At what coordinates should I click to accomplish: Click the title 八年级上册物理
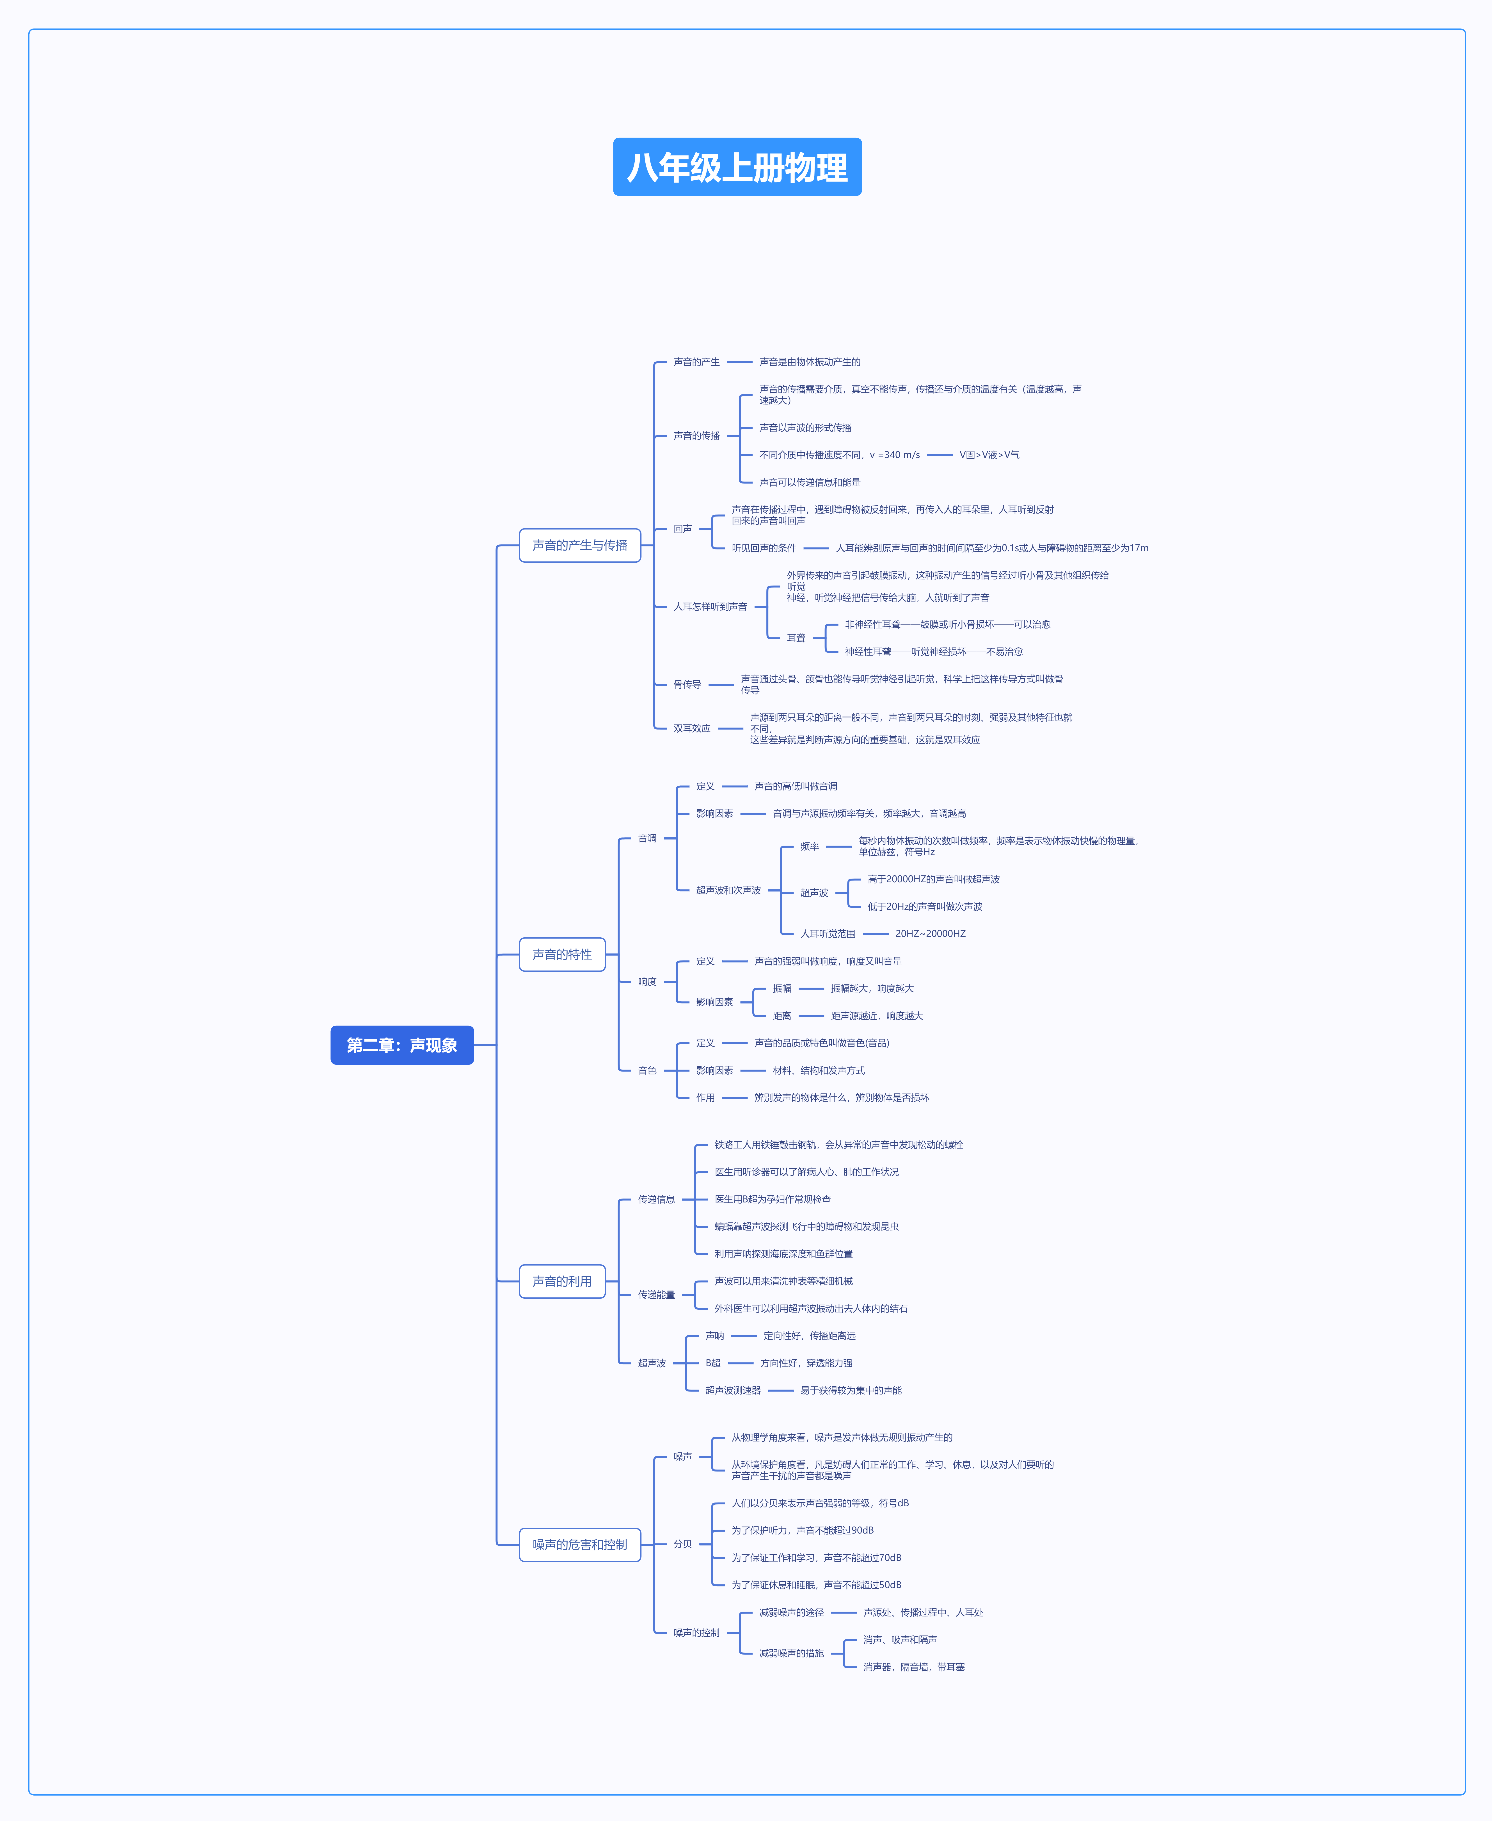pyautogui.click(x=737, y=167)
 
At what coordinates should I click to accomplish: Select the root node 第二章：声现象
pyautogui.click(x=402, y=1045)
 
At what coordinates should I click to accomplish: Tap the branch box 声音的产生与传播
pyautogui.click(x=580, y=545)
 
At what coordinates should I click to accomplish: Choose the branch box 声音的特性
pyautogui.click(x=562, y=954)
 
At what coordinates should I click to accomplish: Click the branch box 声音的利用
pyautogui.click(x=562, y=1281)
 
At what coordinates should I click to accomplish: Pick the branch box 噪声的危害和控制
pyautogui.click(x=580, y=1544)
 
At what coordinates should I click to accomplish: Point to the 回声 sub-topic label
pyautogui.click(x=682, y=529)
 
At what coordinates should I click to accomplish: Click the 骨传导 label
pyautogui.click(x=687, y=684)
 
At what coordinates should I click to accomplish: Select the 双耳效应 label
pyautogui.click(x=692, y=728)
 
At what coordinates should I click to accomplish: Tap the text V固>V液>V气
pyautogui.click(x=989, y=455)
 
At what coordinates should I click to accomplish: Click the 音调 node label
pyautogui.click(x=647, y=838)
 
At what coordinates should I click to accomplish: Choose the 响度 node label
pyautogui.click(x=647, y=982)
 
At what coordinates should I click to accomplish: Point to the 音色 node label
pyautogui.click(x=647, y=1070)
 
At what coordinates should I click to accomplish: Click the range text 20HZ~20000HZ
pyautogui.click(x=931, y=934)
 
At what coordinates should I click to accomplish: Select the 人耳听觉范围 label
pyautogui.click(x=828, y=934)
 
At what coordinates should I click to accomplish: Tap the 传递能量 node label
pyautogui.click(x=657, y=1295)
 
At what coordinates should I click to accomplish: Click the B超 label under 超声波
pyautogui.click(x=713, y=1363)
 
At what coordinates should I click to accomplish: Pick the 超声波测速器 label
pyautogui.click(x=733, y=1390)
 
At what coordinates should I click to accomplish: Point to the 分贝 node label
pyautogui.click(x=682, y=1544)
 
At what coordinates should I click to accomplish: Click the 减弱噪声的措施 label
pyautogui.click(x=792, y=1653)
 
